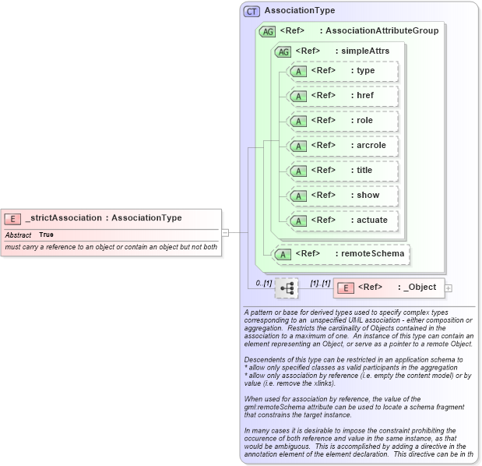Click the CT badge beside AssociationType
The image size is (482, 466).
[252, 11]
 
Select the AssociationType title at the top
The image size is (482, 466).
[300, 11]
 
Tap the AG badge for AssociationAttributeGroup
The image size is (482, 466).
[267, 31]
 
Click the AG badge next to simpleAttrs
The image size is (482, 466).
[282, 51]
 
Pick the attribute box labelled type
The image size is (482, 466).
[343, 71]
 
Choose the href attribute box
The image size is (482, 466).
[343, 96]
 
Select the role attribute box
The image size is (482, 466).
[343, 121]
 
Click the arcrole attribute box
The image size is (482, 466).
[343, 146]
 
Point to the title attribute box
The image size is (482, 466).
[343, 171]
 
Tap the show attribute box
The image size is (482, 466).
[343, 196]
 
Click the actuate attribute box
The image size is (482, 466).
[343, 221]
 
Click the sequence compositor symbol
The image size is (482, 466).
[287, 288]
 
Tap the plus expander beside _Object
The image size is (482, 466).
[449, 288]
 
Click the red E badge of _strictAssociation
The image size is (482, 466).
[12, 218]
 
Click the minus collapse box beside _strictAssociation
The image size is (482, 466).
[225, 231]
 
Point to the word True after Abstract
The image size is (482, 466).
[47, 235]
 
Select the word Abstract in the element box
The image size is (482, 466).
[18, 235]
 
